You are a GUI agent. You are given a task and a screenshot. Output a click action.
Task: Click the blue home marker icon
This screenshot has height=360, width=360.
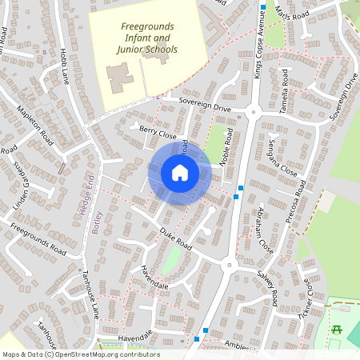180,174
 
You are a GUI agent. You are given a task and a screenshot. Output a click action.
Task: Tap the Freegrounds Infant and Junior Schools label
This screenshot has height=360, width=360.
150,38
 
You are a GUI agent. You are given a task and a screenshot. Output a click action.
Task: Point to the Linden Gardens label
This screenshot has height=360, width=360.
22,183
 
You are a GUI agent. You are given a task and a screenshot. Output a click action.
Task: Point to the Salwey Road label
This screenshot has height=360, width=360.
266,286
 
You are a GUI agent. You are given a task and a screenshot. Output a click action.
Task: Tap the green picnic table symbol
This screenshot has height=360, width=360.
338,329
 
